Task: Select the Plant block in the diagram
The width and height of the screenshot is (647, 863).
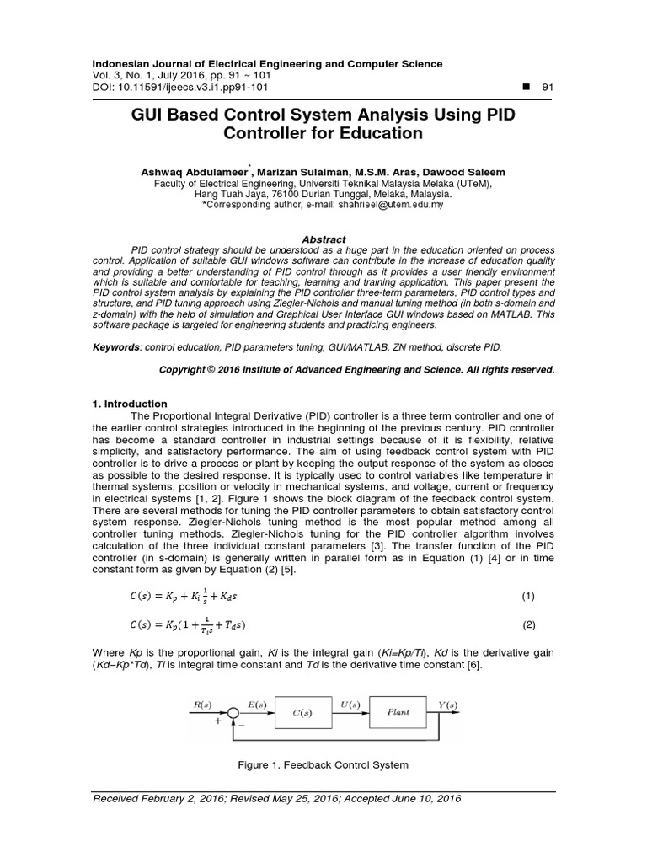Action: coord(398,712)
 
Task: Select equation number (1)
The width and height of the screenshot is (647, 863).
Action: coord(528,596)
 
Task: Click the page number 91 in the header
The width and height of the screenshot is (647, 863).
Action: coord(548,88)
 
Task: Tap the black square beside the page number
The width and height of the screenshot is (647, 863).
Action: coord(516,88)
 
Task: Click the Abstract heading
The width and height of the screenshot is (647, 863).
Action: coord(323,239)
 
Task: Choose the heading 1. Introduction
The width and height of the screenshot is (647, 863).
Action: coord(130,404)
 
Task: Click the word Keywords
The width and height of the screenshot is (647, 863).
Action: coord(115,346)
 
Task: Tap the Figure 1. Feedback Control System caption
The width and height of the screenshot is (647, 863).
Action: coord(323,765)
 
